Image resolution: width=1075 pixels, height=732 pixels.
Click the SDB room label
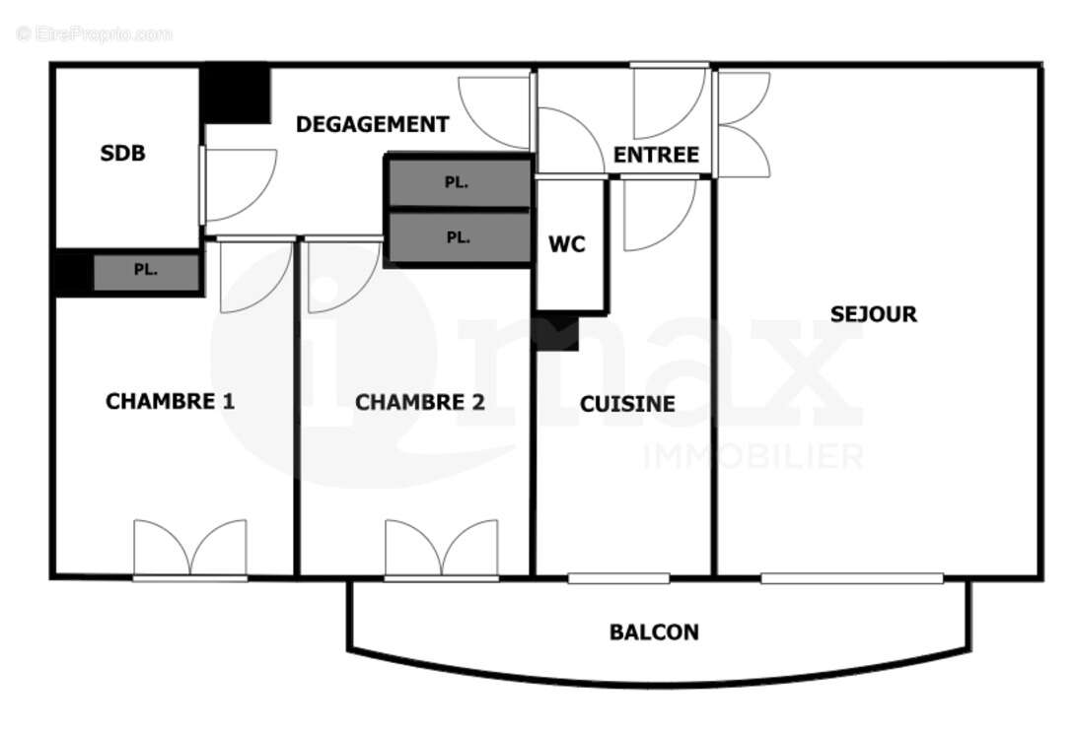pos(123,154)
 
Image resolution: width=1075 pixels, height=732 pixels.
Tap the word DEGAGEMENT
pos(372,125)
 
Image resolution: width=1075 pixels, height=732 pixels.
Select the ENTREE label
pos(656,155)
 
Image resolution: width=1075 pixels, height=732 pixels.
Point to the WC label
pos(567,244)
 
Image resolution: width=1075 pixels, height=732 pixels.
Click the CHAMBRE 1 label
pos(170,402)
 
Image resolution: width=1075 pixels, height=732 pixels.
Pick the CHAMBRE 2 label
pos(420,402)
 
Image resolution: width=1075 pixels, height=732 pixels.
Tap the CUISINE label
pos(627,404)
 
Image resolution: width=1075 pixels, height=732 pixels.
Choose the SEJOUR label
pos(873,314)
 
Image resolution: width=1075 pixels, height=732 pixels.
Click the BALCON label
pos(654,632)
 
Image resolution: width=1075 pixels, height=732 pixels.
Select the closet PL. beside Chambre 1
pos(146,271)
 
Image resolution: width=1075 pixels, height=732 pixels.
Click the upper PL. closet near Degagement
pos(457,183)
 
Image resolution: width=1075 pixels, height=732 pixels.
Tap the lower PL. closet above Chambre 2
pos(458,237)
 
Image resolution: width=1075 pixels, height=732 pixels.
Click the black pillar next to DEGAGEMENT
pos(236,94)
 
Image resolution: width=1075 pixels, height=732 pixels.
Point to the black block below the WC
pos(556,333)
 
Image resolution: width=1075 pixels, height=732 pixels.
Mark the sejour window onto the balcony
pos(851,578)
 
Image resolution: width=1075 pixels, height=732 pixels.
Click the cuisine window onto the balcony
pos(618,578)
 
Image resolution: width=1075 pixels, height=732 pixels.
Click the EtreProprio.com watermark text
pos(95,34)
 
